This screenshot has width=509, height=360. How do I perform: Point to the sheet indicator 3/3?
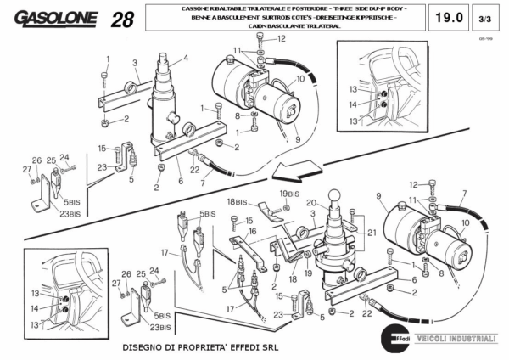tap(485, 18)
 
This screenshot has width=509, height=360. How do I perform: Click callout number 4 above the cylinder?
tap(186, 58)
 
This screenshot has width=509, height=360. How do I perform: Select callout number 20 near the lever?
tap(311, 202)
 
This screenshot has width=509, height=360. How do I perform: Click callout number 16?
tap(252, 231)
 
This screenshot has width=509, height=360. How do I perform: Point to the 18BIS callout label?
tap(236, 202)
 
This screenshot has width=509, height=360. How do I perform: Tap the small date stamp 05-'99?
tap(485, 38)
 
